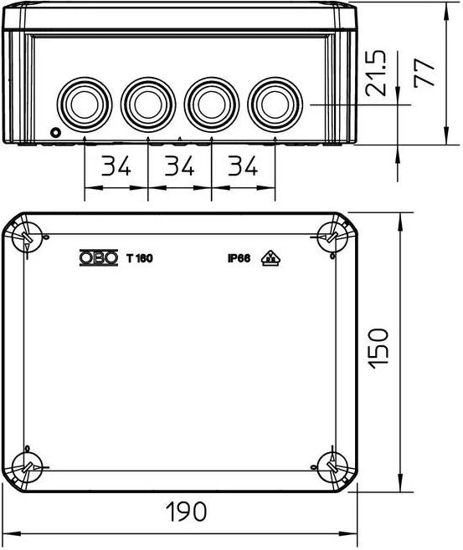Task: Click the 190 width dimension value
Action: (x=186, y=511)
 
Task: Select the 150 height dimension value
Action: (x=378, y=349)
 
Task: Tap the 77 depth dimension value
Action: (x=424, y=73)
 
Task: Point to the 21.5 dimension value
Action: (x=375, y=74)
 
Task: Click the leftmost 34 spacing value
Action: (x=116, y=166)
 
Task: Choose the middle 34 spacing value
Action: (x=179, y=166)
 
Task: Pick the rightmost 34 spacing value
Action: (x=243, y=166)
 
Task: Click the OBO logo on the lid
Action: (x=99, y=257)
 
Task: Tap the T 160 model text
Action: (x=140, y=258)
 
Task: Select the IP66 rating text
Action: (x=239, y=258)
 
